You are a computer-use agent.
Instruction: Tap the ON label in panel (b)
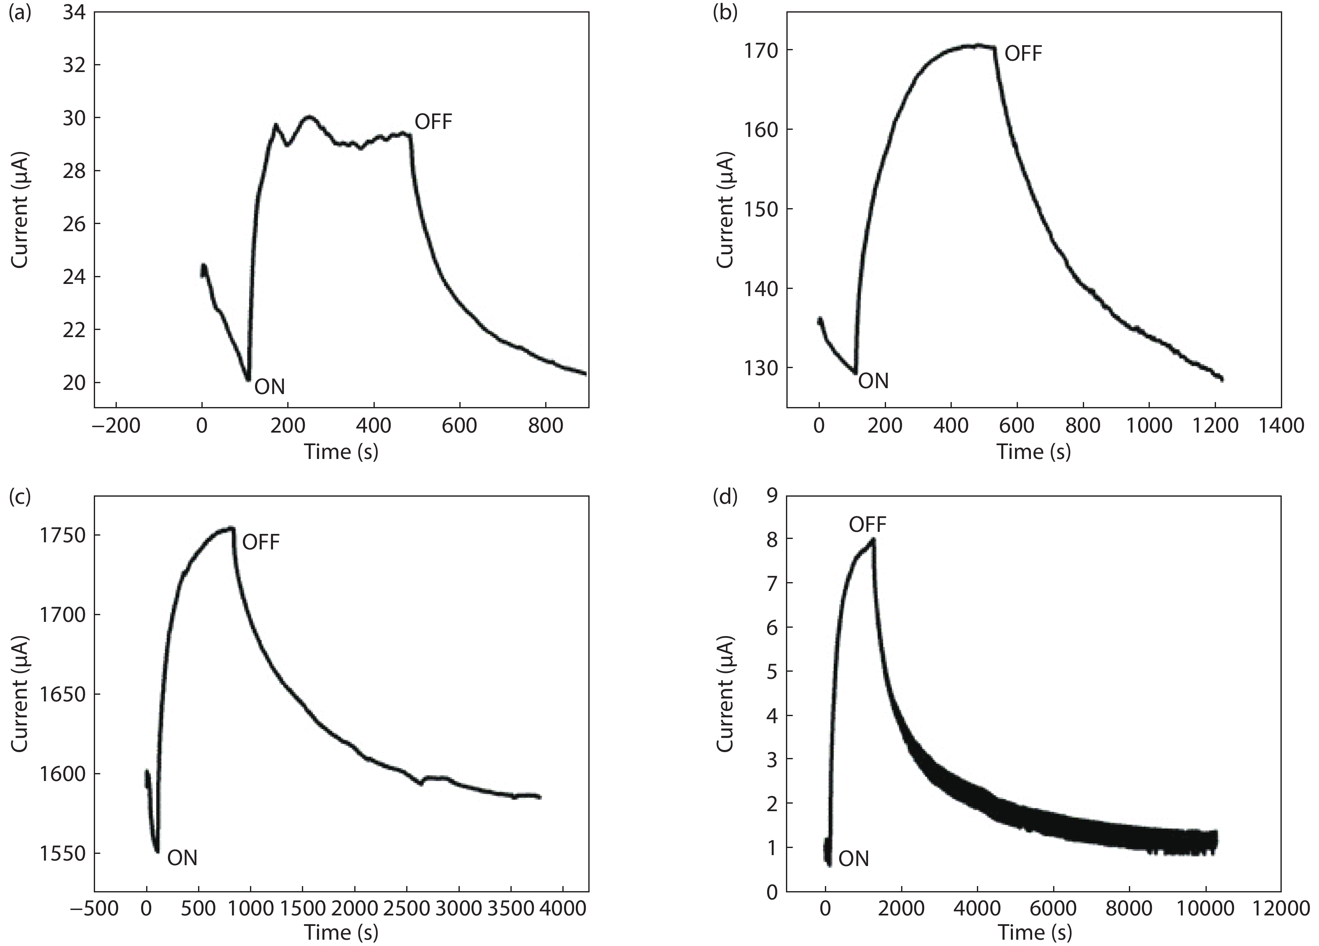coord(873,381)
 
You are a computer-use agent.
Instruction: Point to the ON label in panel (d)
coord(854,859)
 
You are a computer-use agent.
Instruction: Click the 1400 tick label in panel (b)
coord(1280,426)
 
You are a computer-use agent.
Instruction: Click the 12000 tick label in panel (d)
coord(1280,909)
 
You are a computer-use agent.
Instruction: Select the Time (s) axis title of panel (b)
coord(1033,451)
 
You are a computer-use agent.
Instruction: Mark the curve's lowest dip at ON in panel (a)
coord(248,380)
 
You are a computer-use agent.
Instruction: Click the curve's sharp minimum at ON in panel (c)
coord(157,852)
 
